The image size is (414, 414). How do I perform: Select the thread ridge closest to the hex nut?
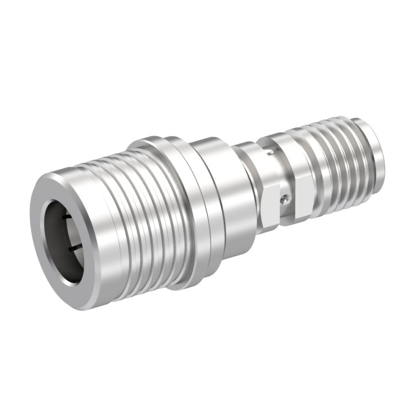click(317, 166)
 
